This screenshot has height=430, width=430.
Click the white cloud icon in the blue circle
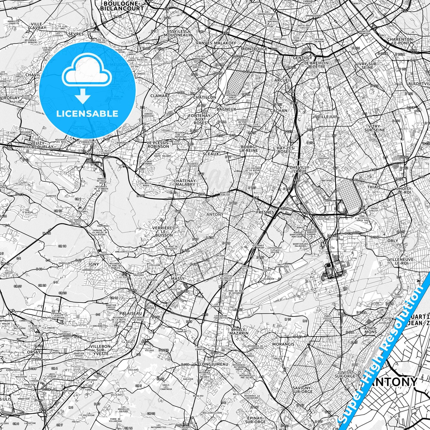87,71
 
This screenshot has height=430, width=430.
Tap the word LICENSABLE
87,113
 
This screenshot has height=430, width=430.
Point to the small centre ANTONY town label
215,214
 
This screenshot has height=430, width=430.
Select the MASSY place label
177,279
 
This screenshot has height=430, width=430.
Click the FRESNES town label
265,212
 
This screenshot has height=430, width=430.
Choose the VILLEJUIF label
328,117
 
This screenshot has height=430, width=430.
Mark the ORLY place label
393,240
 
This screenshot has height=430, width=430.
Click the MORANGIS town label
283,344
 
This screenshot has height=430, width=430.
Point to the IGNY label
93,264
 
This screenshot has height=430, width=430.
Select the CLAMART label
160,96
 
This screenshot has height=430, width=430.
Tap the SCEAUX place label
210,154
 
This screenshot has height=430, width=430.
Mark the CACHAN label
279,110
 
